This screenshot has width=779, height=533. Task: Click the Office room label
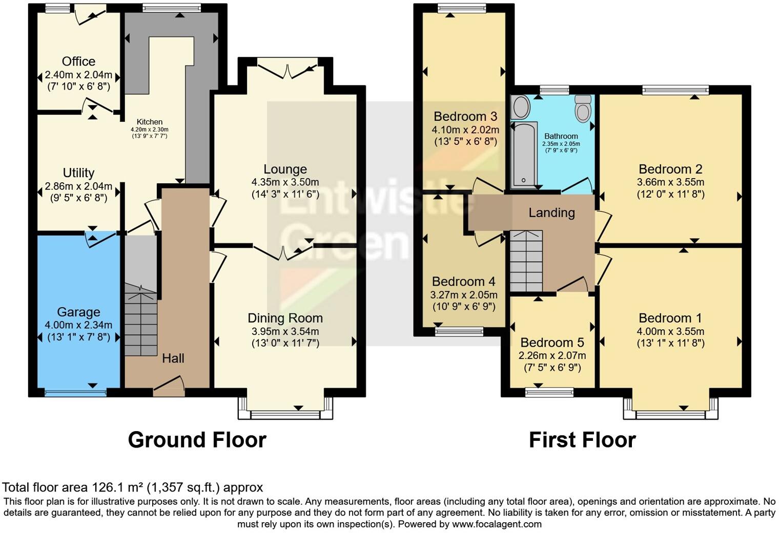(x=78, y=61)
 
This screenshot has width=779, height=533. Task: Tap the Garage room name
(x=78, y=312)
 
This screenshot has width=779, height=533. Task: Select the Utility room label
(x=78, y=173)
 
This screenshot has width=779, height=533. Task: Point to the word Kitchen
(x=149, y=122)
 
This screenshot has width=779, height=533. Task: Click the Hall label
(x=173, y=358)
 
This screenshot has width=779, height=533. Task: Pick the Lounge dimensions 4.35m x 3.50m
(x=285, y=182)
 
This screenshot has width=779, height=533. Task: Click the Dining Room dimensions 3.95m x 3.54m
(x=285, y=331)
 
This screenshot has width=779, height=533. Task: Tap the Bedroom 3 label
(x=465, y=116)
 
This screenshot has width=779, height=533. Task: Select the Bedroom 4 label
(x=463, y=282)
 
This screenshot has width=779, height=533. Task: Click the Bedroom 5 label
(x=552, y=343)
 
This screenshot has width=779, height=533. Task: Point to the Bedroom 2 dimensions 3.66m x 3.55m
(x=670, y=182)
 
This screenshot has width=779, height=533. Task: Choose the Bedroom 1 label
(x=670, y=318)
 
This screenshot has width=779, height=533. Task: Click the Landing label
(x=551, y=212)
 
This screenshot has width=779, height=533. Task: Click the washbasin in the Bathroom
(x=521, y=106)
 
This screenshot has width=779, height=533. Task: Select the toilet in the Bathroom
(x=583, y=109)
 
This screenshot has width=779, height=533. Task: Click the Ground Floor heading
(x=197, y=440)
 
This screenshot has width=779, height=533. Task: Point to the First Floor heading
(x=582, y=440)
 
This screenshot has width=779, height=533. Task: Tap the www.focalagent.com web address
(x=496, y=524)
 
